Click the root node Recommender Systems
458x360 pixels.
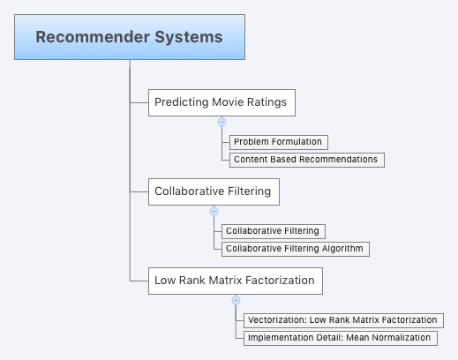point(129,38)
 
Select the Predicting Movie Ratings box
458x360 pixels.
point(221,102)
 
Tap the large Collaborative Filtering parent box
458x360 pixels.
point(212,191)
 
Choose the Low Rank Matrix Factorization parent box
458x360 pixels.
point(234,281)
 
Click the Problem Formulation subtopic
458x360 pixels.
point(278,142)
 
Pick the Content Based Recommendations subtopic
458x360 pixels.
point(305,160)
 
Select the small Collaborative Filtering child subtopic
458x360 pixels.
point(274,231)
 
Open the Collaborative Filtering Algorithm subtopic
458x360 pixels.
point(294,249)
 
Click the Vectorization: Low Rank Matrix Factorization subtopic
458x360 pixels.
point(342,320)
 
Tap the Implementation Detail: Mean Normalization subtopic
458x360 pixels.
point(339,338)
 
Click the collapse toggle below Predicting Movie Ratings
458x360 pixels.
point(221,123)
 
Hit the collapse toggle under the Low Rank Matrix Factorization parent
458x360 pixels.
point(236,300)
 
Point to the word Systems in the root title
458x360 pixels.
point(191,38)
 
